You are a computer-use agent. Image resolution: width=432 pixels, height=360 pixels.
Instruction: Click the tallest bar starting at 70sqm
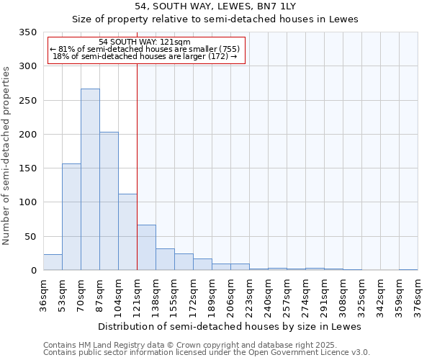[90, 180]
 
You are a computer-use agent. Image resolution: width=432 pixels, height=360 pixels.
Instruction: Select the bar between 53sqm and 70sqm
[71, 217]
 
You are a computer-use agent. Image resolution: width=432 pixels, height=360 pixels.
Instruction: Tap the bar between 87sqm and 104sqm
[109, 201]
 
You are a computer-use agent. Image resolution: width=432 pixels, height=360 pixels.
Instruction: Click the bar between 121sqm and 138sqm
[146, 248]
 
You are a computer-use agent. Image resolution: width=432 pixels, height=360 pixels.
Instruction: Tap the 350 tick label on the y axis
[27, 32]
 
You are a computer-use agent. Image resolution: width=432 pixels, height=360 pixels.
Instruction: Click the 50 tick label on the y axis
[30, 236]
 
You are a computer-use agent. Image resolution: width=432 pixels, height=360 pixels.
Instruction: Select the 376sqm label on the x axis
[418, 296]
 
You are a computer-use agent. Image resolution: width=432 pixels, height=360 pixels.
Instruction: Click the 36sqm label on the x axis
[43, 296]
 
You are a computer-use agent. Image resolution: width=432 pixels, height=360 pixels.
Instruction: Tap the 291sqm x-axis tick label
[324, 296]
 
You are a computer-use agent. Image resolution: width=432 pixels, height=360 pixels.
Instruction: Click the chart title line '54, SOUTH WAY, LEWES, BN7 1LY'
[215, 6]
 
